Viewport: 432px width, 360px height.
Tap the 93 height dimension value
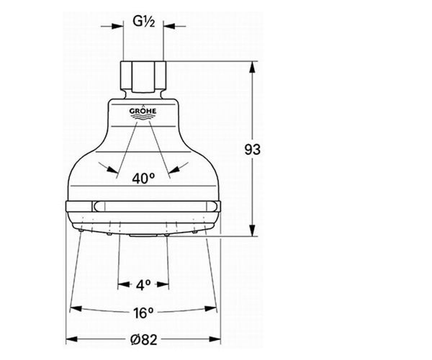252,150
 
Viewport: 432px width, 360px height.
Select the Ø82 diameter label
144,339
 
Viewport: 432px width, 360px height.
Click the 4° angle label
143,285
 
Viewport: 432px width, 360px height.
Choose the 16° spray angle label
143,313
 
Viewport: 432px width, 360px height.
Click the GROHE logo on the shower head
143,113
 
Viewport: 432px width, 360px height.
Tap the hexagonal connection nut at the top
143,77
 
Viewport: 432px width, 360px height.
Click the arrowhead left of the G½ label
117,26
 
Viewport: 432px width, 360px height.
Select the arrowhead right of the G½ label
169,26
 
